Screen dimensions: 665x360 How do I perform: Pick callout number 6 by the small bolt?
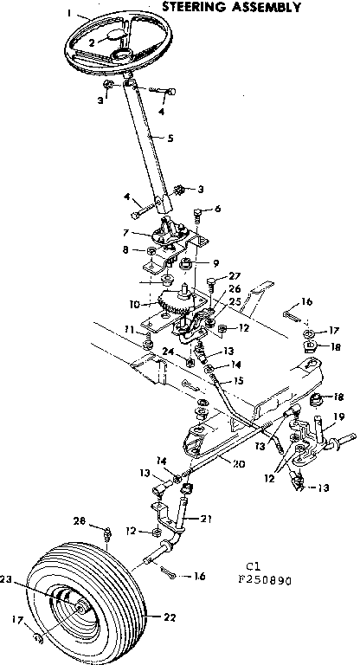point(217,209)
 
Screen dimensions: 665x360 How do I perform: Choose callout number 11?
point(127,331)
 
